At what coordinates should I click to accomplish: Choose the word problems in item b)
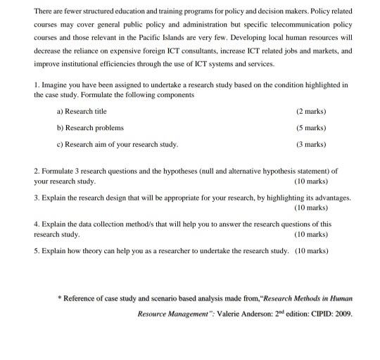pyautogui.click(x=109, y=127)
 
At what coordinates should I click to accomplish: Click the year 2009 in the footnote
pyautogui.click(x=341, y=314)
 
